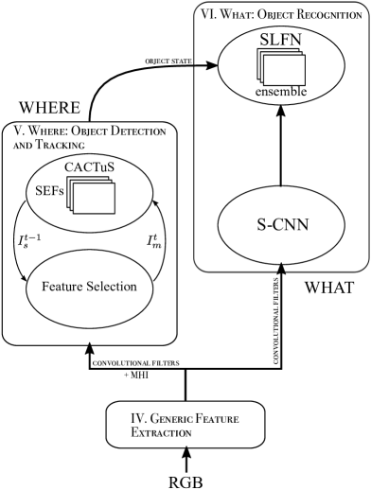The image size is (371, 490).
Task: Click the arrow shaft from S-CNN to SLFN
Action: (280, 151)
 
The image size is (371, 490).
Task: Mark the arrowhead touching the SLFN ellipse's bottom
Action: (280, 112)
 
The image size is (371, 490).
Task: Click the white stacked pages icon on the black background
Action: (91, 195)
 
